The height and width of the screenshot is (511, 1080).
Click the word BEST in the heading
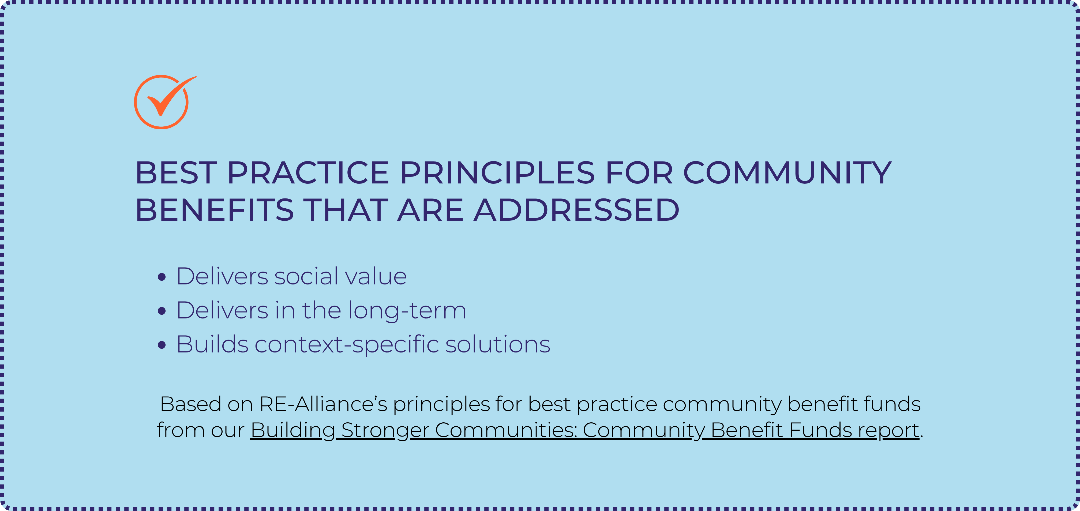point(176,173)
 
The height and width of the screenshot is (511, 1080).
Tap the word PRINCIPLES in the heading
point(498,173)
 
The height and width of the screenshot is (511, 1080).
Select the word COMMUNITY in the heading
point(787,173)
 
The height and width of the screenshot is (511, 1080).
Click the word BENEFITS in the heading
point(214,210)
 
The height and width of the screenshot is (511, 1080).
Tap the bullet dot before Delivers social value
point(162,277)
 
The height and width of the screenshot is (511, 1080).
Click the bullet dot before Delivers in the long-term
point(162,311)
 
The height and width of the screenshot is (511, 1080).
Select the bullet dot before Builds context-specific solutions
point(162,345)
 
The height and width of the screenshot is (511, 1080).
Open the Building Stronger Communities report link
point(585,430)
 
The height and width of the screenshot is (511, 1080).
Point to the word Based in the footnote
point(191,404)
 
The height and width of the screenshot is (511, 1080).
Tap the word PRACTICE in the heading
point(308,173)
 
